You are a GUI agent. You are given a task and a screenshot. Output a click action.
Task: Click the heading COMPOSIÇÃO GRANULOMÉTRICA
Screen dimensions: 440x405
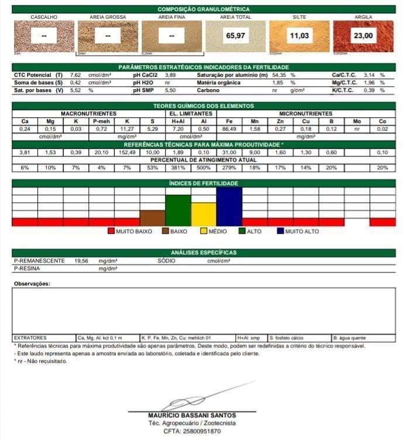[203, 9]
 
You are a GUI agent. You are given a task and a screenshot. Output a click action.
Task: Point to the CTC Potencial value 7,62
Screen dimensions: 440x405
[75, 76]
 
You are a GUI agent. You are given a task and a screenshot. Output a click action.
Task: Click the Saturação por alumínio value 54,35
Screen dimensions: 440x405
[279, 76]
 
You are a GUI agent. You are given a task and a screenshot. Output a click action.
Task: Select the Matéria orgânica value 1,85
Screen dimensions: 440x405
[278, 83]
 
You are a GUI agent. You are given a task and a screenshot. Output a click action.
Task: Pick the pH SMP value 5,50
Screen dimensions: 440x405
[170, 91]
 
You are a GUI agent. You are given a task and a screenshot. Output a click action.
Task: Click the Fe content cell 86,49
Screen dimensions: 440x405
[229, 129]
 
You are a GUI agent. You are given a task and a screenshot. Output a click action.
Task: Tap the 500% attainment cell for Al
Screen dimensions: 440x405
[203, 168]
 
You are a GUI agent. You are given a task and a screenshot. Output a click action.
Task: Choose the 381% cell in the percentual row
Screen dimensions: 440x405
[178, 168]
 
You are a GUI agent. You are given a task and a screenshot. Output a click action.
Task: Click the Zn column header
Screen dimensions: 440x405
[280, 121]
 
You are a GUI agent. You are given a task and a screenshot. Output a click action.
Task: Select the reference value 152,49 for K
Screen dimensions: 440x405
[126, 152]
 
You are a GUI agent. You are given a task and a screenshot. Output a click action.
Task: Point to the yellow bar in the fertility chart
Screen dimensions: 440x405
[203, 214]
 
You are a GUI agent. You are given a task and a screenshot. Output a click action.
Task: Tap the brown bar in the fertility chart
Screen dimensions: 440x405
[152, 218]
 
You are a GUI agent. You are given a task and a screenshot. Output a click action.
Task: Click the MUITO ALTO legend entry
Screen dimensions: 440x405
[298, 231]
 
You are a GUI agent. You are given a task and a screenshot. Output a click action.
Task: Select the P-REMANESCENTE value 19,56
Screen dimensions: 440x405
[81, 261]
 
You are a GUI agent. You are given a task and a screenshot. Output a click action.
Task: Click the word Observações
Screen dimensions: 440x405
[32, 284]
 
